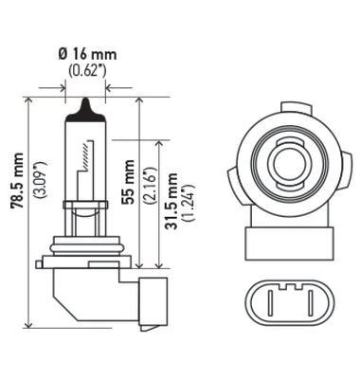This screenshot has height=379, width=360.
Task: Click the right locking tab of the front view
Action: [x=335, y=180]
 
